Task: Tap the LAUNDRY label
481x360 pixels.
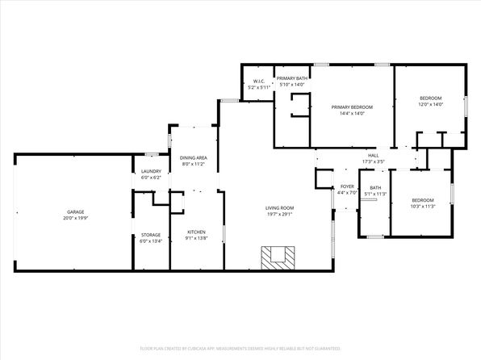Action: (x=151, y=171)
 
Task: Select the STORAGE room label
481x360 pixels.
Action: (x=151, y=235)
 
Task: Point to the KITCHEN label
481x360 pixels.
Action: (x=197, y=232)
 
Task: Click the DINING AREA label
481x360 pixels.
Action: (x=193, y=157)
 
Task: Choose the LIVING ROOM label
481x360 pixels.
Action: (x=279, y=209)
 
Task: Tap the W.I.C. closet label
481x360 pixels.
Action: (x=259, y=81)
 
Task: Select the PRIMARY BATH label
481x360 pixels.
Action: (x=291, y=78)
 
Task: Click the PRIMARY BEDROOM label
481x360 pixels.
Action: (x=353, y=107)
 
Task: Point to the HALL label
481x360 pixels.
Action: (x=373, y=156)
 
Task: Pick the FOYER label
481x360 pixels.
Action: (x=347, y=186)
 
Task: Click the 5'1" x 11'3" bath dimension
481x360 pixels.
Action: (x=375, y=194)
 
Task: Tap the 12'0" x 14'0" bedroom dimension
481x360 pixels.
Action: (x=431, y=105)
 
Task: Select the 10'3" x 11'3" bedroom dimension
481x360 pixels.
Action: (x=423, y=207)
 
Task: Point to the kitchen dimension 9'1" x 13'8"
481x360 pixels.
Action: (x=197, y=238)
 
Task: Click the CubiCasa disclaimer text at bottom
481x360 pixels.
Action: (x=240, y=349)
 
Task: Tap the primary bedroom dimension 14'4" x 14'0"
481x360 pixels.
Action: (x=353, y=114)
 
